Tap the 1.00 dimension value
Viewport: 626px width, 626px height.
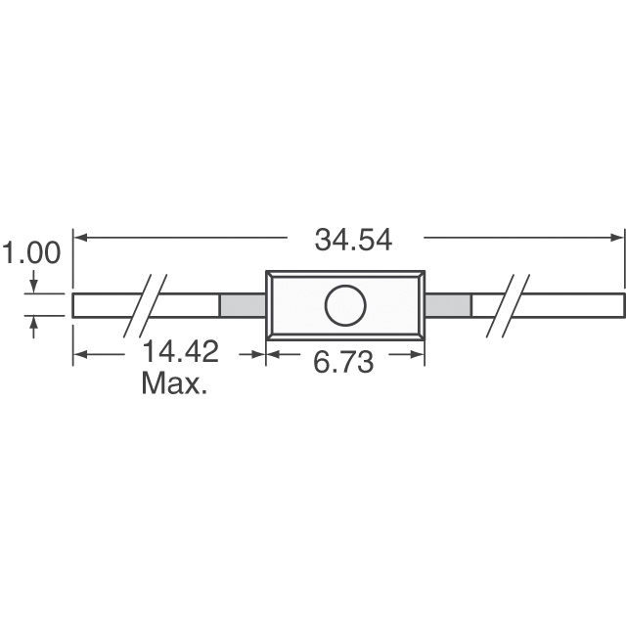[30, 253]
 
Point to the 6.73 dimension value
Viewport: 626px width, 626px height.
[343, 362]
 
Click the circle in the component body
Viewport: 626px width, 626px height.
[344, 305]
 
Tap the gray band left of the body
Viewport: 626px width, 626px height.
[243, 305]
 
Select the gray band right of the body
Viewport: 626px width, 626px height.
[448, 305]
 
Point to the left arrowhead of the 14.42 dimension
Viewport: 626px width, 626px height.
[81, 354]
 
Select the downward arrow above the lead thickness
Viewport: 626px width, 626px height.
[35, 286]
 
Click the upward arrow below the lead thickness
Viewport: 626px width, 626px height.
[35, 324]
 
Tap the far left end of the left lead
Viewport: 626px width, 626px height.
[75, 305]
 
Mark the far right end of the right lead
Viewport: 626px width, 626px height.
[622, 305]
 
